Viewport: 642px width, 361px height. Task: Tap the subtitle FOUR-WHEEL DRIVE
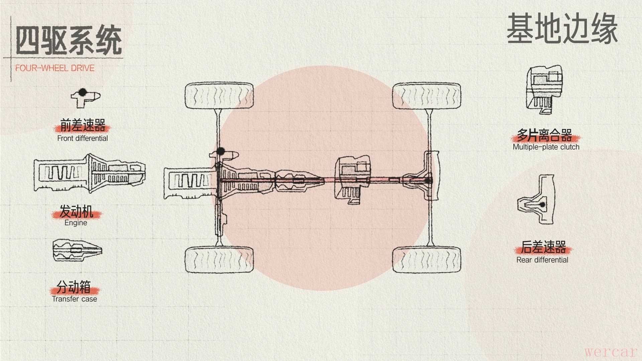pos(55,68)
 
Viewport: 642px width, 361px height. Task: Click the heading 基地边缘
pos(562,29)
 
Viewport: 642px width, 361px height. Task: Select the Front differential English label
pos(83,138)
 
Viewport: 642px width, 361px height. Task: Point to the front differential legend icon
pos(86,98)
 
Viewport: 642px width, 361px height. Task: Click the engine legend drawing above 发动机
pos(89,173)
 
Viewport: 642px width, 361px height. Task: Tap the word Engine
pos(76,223)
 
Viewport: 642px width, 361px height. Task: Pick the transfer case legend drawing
pos(77,250)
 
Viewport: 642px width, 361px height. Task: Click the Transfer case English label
pos(75,299)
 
